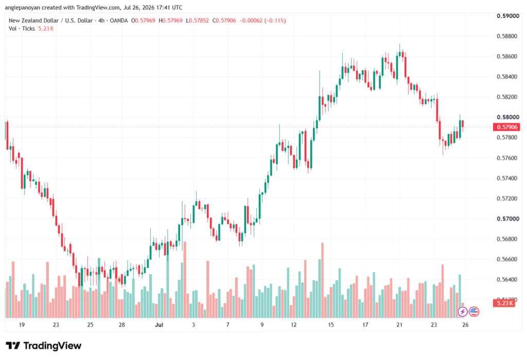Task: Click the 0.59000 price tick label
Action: coord(508,16)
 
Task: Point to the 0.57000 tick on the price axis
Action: coord(508,219)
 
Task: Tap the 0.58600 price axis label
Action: coord(507,57)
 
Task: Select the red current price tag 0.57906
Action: coord(506,127)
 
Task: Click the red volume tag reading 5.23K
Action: coord(504,303)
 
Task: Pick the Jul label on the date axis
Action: coord(159,324)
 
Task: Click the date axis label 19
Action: coord(22,324)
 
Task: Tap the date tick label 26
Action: coord(465,324)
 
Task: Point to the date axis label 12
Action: coord(294,324)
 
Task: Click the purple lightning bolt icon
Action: coord(463,312)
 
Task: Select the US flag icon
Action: coord(474,312)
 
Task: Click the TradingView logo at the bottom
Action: coord(44,346)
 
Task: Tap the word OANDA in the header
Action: coord(119,21)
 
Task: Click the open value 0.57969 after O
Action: coord(145,21)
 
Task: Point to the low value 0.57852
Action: coord(199,21)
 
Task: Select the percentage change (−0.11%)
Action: coord(275,21)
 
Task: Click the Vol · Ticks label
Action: coord(22,29)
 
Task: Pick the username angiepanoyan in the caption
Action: coord(23,7)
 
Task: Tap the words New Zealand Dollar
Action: coord(33,21)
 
